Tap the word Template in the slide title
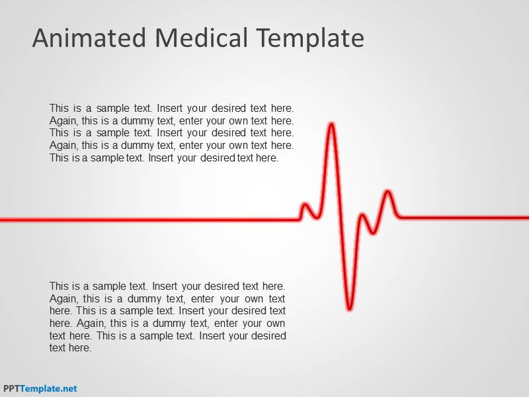tap(310, 39)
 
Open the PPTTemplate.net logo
tap(40, 388)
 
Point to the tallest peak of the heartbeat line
tap(331, 124)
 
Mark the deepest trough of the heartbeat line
tap(349, 308)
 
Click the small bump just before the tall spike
tap(305, 205)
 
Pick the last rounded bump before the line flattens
tap(388, 193)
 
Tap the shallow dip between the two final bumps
tap(374, 232)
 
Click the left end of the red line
tap(2, 218)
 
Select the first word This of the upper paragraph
tap(60, 108)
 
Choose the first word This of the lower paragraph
tap(60, 287)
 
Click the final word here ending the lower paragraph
tap(79, 348)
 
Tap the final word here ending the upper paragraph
tap(267, 158)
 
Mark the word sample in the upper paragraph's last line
tap(107, 158)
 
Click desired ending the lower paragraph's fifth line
tap(267, 336)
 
